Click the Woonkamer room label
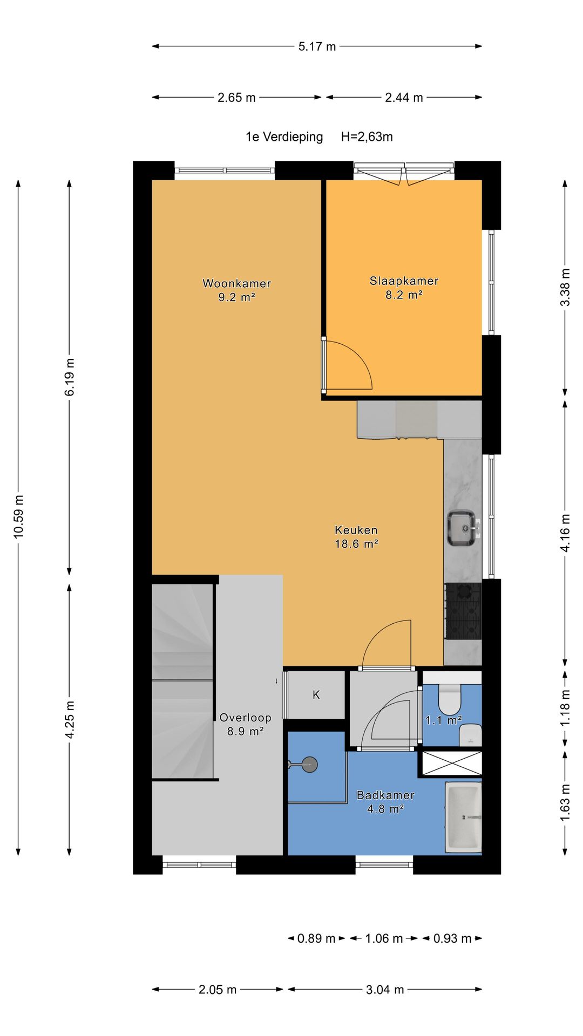pyautogui.click(x=236, y=283)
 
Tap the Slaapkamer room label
pyautogui.click(x=404, y=281)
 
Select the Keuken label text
pyautogui.click(x=356, y=530)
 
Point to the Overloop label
pyautogui.click(x=245, y=718)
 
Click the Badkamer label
pyautogui.click(x=385, y=795)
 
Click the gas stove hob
pyautogui.click(x=463, y=611)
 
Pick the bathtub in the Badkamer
pyautogui.click(x=463, y=817)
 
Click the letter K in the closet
pyautogui.click(x=316, y=695)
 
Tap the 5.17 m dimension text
pyautogui.click(x=317, y=46)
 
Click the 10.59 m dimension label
pyautogui.click(x=19, y=516)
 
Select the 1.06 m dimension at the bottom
pyautogui.click(x=384, y=938)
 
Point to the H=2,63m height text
pyautogui.click(x=367, y=137)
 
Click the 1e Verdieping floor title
pyautogui.click(x=284, y=137)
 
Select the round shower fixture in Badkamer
pyautogui.click(x=309, y=764)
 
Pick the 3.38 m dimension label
pyautogui.click(x=565, y=287)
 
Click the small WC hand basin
pyautogui.click(x=470, y=735)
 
